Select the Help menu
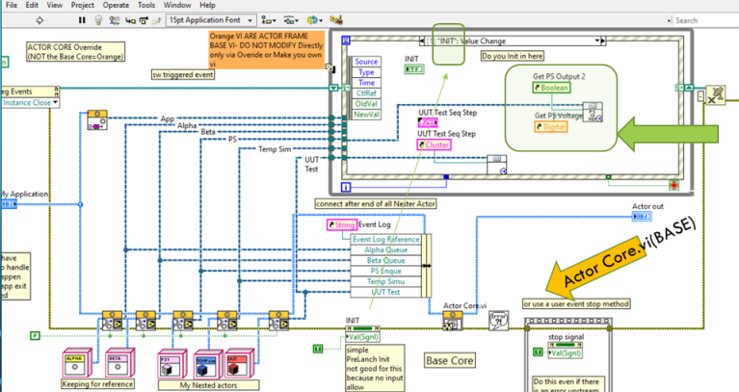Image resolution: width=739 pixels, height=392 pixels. point(207,5)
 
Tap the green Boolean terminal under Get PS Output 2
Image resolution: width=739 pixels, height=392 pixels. point(551,88)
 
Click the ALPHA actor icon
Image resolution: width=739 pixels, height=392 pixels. point(75,364)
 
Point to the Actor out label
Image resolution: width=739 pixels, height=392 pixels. point(647,206)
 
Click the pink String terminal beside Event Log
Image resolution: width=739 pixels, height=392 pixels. point(343,225)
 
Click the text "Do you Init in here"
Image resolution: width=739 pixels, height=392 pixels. point(513,57)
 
